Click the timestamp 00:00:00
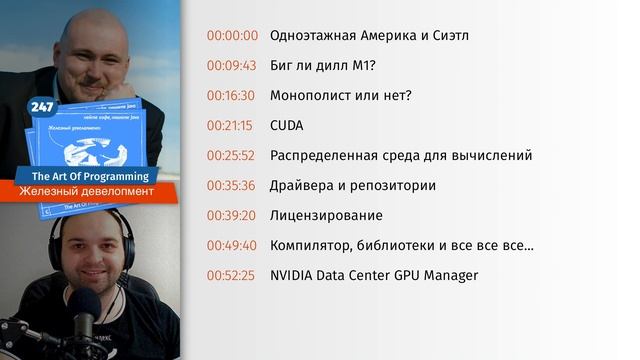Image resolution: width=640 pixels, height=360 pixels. tap(232, 35)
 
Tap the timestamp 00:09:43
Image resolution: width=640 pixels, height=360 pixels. tap(232, 66)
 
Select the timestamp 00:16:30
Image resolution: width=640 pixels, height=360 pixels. tap(232, 96)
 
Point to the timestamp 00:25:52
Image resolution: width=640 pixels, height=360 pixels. tap(232, 156)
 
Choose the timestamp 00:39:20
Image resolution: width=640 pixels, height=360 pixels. tap(232, 215)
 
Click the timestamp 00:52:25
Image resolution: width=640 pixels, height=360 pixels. tap(232, 275)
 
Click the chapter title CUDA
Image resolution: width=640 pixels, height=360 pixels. tap(287, 126)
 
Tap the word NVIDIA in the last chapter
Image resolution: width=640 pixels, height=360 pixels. tap(294, 275)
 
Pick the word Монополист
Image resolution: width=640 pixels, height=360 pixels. tap(312, 96)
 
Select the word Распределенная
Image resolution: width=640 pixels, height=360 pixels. tap(325, 156)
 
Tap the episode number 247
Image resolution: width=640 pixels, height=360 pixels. tap(42, 106)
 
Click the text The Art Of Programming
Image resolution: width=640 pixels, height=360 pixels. tap(91, 176)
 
